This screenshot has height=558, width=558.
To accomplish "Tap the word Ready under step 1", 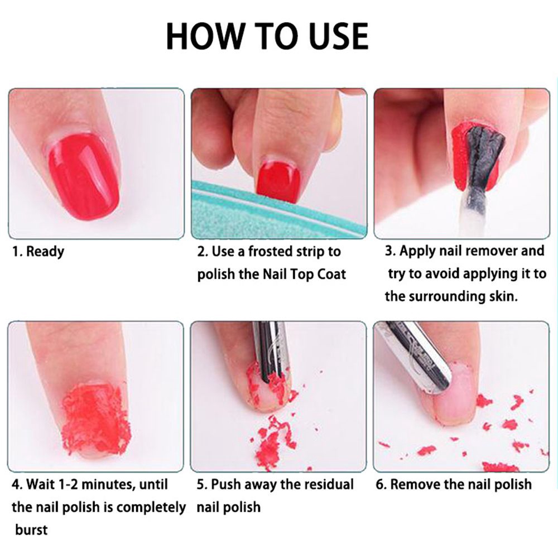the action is click(x=45, y=252).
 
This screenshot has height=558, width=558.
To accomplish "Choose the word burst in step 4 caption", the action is click(x=31, y=530).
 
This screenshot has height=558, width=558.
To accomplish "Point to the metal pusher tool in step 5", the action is click(x=272, y=351).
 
